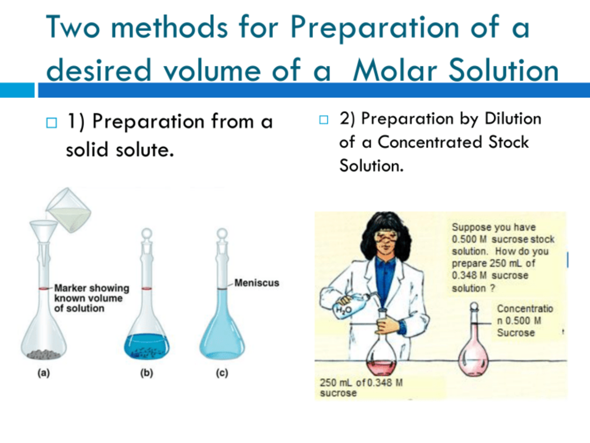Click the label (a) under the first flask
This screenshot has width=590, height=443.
44,374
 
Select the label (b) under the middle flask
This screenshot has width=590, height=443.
147,373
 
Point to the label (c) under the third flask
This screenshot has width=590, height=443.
222,373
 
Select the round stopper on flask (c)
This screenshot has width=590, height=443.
222,232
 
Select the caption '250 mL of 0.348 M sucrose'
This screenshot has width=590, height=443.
361,388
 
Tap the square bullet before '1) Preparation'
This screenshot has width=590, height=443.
51,122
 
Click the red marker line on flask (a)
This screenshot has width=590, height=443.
44,288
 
